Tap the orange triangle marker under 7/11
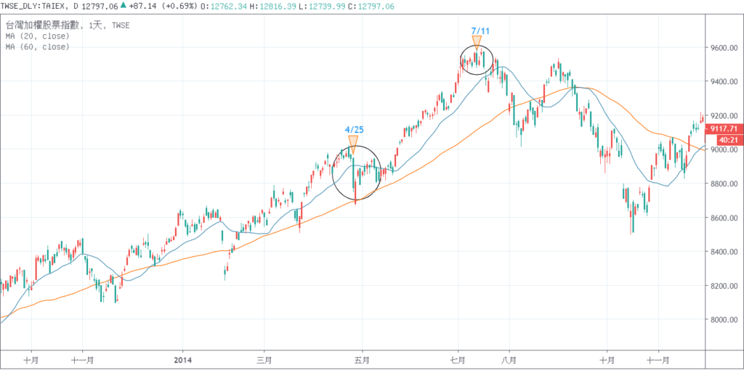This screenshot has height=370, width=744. pyautogui.click(x=477, y=43)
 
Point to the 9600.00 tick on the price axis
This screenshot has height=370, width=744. pyautogui.click(x=724, y=48)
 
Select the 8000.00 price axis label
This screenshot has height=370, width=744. pyautogui.click(x=724, y=320)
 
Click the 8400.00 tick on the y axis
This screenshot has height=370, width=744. pyautogui.click(x=724, y=252)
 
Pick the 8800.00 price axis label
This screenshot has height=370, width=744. pyautogui.click(x=724, y=184)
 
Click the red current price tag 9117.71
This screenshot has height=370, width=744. pyautogui.click(x=726, y=127)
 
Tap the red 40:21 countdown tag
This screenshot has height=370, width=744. pyautogui.click(x=727, y=139)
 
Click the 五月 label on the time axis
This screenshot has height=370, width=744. pyautogui.click(x=363, y=358)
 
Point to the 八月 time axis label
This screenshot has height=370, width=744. pyautogui.click(x=509, y=358)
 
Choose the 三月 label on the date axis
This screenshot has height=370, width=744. pyautogui.click(x=264, y=358)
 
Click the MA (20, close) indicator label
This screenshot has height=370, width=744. pyautogui.click(x=36, y=35)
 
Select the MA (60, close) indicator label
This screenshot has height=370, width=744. pyautogui.click(x=36, y=46)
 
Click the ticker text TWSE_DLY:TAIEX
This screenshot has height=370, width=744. pyautogui.click(x=33, y=6)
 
